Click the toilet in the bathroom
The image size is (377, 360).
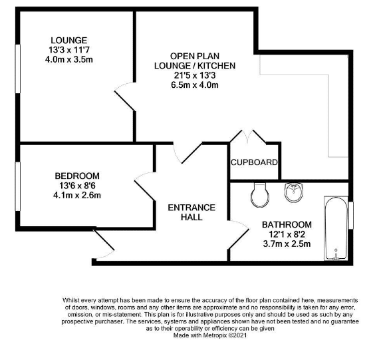click(x=260, y=195)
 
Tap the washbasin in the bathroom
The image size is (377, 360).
click(x=294, y=193)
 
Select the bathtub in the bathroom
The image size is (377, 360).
click(x=336, y=228)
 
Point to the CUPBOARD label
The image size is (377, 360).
click(x=254, y=162)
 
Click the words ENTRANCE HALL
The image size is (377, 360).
click(x=191, y=212)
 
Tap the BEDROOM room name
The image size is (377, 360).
click(x=77, y=176)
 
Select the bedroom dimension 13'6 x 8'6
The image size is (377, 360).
click(x=77, y=186)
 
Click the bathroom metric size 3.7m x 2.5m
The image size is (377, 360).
click(x=287, y=244)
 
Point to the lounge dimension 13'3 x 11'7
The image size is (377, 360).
click(x=69, y=50)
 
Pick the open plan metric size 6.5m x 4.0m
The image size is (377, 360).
click(x=195, y=85)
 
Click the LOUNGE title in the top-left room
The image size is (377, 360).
click(x=69, y=40)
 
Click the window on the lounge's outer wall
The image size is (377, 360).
click(x=17, y=69)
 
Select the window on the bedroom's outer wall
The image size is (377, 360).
click(x=17, y=186)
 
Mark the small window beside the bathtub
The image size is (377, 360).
click(x=351, y=216)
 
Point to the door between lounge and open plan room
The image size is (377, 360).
click(x=125, y=96)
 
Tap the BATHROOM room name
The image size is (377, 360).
click(x=287, y=224)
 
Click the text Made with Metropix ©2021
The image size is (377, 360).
click(x=210, y=335)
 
